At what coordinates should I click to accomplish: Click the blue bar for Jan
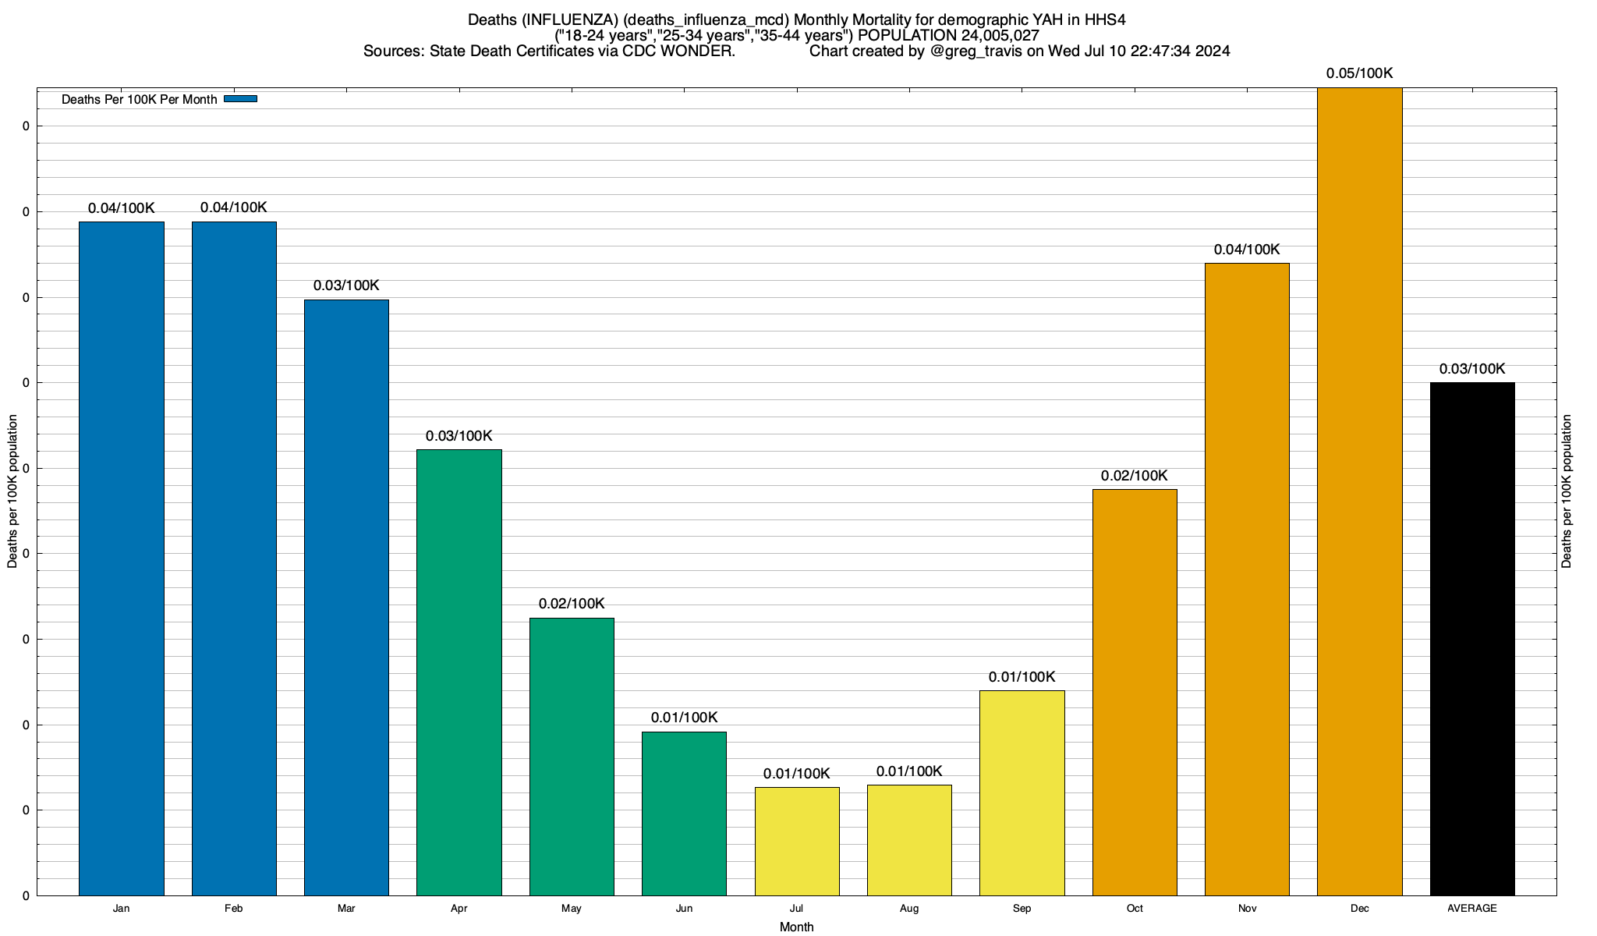122,558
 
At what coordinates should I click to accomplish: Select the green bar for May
572,757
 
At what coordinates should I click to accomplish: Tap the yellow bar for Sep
1022,792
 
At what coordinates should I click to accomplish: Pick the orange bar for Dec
1359,491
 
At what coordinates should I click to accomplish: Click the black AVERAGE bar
1472,639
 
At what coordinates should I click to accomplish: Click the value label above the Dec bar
1359,73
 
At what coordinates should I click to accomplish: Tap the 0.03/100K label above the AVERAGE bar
1472,369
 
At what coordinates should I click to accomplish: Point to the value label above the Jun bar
684,718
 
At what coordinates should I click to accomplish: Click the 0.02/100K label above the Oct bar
1135,476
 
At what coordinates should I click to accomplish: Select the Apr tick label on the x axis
459,909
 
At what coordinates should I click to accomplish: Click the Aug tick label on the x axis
909,909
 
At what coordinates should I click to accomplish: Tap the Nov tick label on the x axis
1247,909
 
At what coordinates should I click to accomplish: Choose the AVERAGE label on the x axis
1472,909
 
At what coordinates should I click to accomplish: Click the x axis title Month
796,927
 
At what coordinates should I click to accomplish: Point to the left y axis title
12,491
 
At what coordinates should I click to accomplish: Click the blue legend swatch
240,99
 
